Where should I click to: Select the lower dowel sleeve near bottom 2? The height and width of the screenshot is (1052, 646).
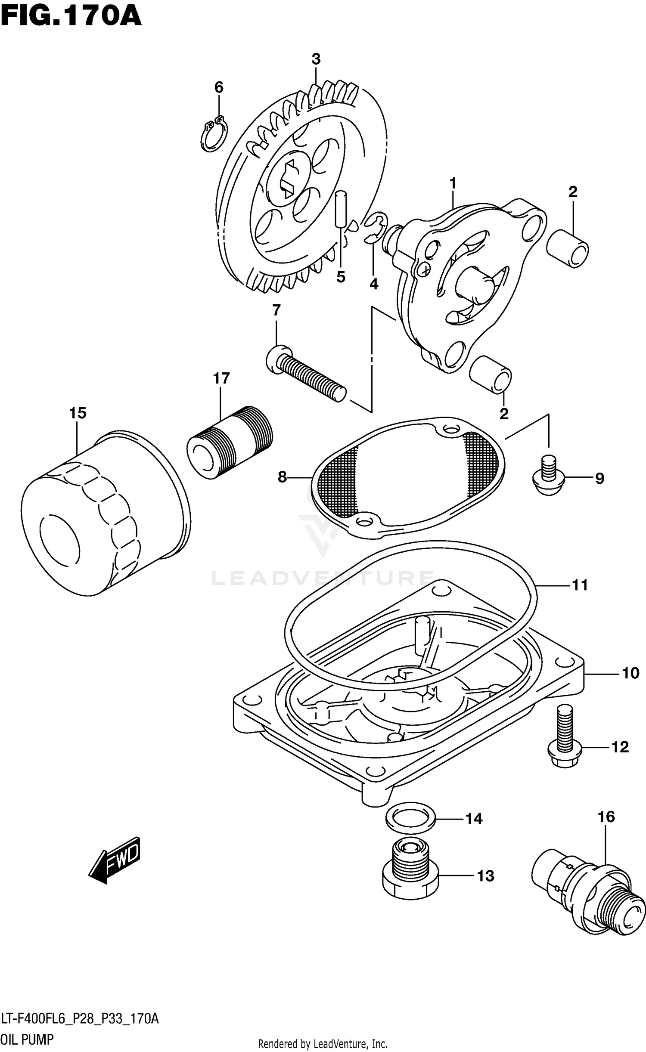[x=491, y=374]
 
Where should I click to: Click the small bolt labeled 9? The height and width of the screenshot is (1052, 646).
[x=548, y=478]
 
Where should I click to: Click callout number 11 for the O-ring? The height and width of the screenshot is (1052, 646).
[x=580, y=585]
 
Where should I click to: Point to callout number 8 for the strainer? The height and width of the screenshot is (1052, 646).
[x=282, y=477]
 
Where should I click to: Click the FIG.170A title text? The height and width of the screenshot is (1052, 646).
[x=71, y=17]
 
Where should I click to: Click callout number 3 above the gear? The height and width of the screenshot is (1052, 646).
[x=316, y=59]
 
